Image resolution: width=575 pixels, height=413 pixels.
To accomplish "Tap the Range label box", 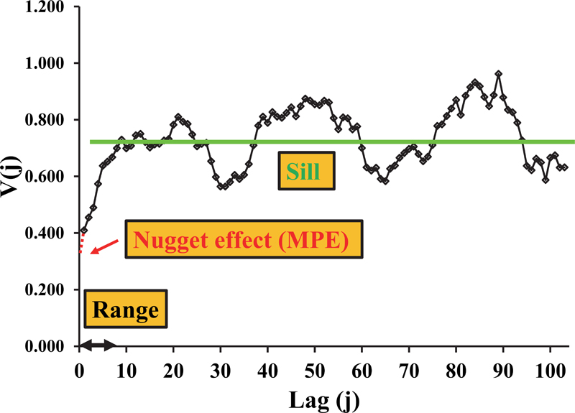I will point(126,310).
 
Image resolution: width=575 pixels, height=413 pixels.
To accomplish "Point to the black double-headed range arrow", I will point(97,345).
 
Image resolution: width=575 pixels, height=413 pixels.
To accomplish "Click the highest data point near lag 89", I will point(498,74).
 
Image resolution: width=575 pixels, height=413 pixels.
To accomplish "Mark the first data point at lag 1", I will point(84,231).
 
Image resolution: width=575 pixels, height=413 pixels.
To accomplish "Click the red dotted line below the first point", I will point(82,244).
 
